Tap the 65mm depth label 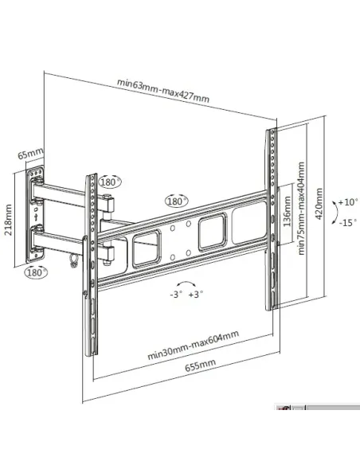[29, 151]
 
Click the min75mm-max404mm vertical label [302, 209]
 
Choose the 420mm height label [318, 206]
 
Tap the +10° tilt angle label [348, 202]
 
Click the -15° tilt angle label [348, 222]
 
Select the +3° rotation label [195, 294]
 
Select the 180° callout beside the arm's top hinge [109, 182]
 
